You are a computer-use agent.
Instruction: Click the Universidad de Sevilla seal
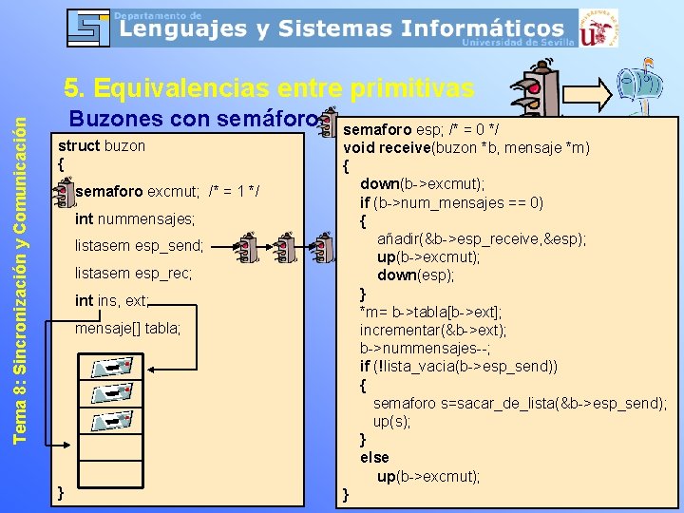click(598, 28)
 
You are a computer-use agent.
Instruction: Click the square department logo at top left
click(88, 28)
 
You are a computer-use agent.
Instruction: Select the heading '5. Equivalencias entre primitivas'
click(269, 88)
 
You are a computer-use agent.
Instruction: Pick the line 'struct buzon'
click(102, 145)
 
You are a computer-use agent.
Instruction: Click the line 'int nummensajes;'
click(134, 219)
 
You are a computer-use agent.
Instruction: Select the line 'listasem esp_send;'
click(139, 246)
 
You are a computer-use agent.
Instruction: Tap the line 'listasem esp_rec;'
click(133, 274)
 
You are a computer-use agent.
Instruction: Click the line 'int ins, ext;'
click(112, 301)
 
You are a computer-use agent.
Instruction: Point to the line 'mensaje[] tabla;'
click(127, 329)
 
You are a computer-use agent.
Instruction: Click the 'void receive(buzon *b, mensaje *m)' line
click(465, 147)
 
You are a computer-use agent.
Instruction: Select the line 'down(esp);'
click(415, 275)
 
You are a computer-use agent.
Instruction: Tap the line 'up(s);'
click(391, 421)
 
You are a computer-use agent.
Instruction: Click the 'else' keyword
click(374, 457)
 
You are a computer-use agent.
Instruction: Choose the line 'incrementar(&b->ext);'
click(432, 330)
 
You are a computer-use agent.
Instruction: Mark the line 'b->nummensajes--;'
click(424, 348)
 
